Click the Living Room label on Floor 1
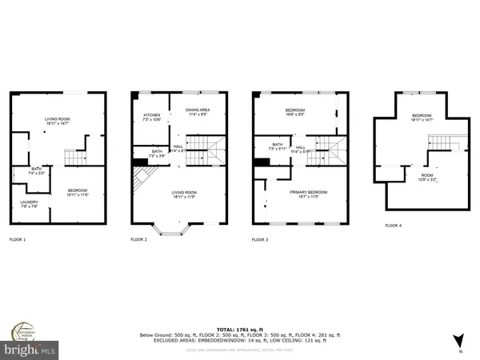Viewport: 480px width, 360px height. (58, 121)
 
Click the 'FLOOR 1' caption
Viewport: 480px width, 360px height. (18, 239)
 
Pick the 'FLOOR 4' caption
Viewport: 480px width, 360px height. (394, 226)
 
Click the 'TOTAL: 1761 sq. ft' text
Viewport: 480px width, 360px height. (240, 329)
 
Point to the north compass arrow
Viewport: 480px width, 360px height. (458, 340)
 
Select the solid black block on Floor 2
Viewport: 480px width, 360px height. (139, 162)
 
